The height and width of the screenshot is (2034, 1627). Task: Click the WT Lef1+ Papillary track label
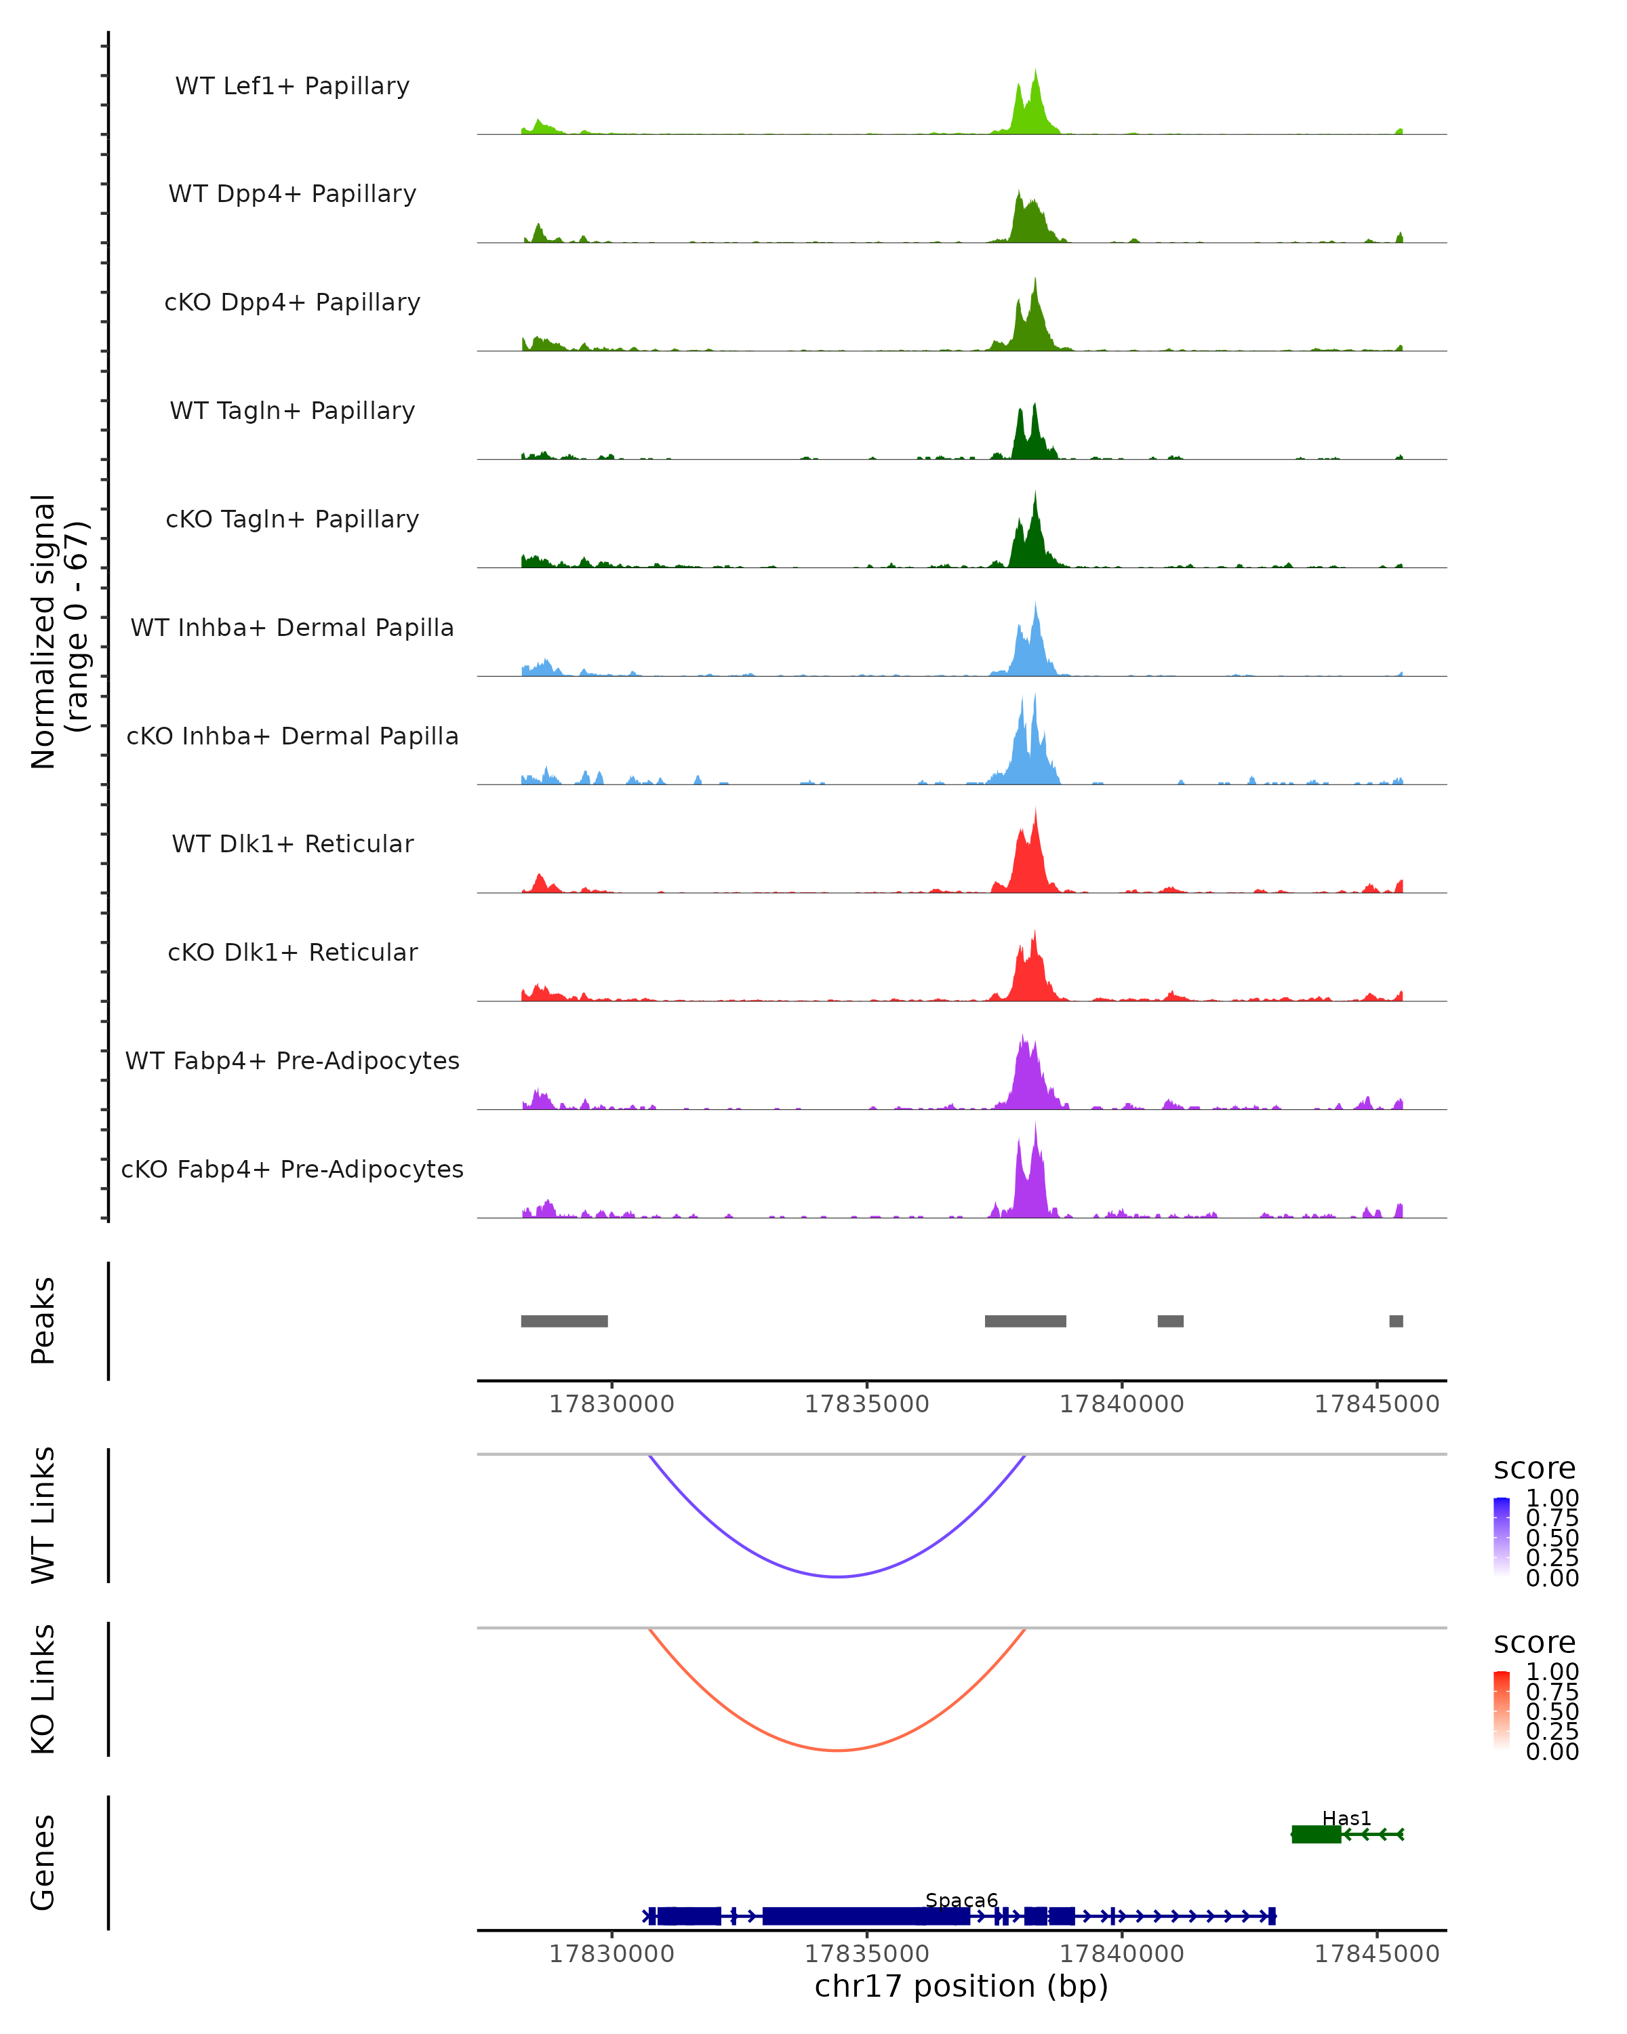(x=292, y=86)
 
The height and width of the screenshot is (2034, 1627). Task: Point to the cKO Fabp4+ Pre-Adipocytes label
(x=292, y=1169)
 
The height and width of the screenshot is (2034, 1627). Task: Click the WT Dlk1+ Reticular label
(x=292, y=843)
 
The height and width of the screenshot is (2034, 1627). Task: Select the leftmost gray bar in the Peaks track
(x=564, y=1321)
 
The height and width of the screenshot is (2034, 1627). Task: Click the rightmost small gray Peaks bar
(x=1396, y=1321)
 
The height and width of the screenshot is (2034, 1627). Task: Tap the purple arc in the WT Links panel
(x=837, y=1576)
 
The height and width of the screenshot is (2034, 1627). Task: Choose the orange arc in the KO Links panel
(x=837, y=1750)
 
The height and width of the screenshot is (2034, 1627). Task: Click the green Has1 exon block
(x=1316, y=1834)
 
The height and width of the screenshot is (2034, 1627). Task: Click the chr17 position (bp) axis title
(x=961, y=1987)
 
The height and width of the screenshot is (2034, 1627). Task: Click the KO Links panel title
(x=43, y=1689)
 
